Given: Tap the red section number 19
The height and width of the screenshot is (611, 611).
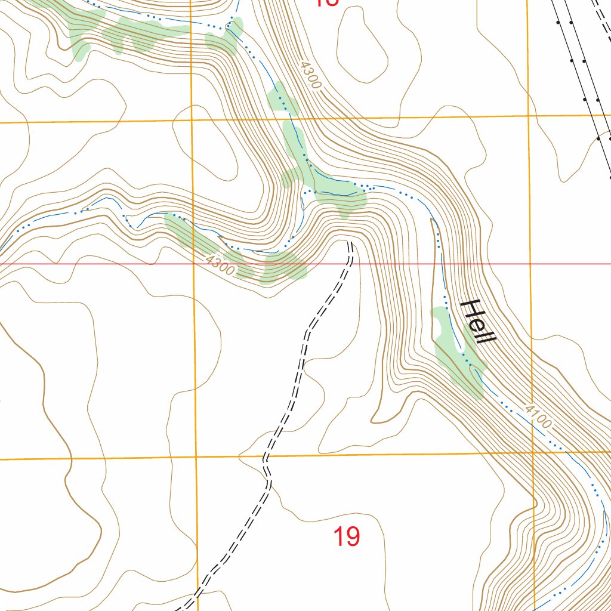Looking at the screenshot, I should [346, 537].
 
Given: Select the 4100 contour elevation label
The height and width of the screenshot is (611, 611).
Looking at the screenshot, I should [538, 416].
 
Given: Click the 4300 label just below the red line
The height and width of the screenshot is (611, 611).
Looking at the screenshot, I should [219, 266].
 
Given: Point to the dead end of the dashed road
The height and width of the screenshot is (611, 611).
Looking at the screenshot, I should [350, 243].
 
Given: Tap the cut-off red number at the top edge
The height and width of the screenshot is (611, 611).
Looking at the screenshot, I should [326, 3].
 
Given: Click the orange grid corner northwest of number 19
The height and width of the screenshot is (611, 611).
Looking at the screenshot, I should [196, 458].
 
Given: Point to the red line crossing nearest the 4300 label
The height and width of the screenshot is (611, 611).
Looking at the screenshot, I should [194, 263].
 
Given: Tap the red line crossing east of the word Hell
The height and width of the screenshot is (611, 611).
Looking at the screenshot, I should [530, 263].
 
